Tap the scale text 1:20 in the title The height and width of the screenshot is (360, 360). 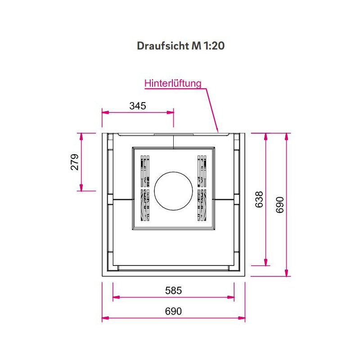point(214,46)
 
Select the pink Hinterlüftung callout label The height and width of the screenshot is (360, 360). point(173,83)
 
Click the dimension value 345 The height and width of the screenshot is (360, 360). point(138,106)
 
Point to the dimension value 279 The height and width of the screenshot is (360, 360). point(75,162)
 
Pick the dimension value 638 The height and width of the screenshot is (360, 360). point(259,199)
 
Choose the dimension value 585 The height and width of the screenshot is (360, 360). point(174,290)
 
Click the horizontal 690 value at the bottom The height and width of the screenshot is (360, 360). point(173,311)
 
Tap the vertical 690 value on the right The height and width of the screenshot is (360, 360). point(279,205)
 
